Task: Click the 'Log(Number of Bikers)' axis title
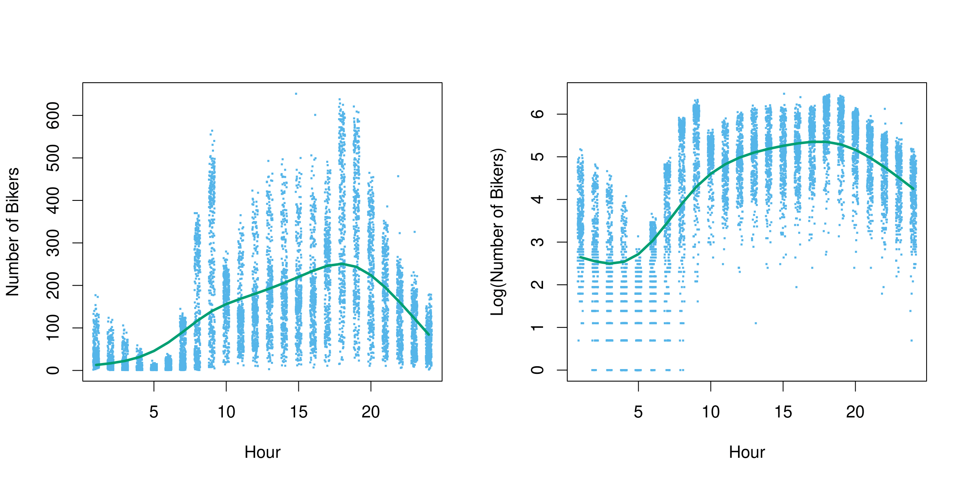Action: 497,232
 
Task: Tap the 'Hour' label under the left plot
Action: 262,453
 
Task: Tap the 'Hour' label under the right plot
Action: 747,453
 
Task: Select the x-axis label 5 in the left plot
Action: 154,412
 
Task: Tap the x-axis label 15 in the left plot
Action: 299,412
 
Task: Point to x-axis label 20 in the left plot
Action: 371,412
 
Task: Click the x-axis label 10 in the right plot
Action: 711,412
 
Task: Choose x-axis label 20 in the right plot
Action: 855,412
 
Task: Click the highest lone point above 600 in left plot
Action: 296,94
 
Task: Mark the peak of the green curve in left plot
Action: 342,264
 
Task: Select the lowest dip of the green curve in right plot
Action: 610,263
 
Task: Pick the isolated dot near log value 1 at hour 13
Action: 756,323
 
